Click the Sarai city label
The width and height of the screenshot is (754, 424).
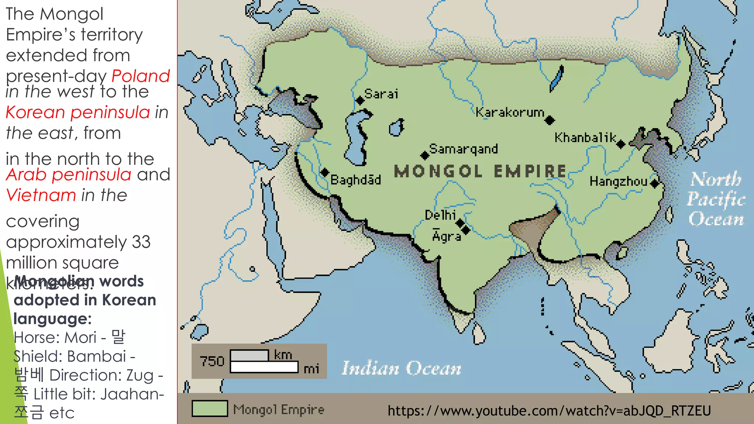(x=381, y=94)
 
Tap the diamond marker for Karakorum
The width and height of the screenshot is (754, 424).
(x=550, y=120)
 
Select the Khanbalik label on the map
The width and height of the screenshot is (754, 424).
(x=585, y=138)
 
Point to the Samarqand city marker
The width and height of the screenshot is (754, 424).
(x=425, y=155)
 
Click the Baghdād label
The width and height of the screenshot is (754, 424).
(x=356, y=180)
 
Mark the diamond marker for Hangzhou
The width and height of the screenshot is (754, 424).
(x=655, y=183)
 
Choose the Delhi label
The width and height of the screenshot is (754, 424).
(x=440, y=215)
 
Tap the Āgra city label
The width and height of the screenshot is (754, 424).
(x=447, y=236)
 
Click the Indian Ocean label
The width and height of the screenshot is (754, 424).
(x=401, y=368)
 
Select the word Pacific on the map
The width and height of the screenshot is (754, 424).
(x=716, y=199)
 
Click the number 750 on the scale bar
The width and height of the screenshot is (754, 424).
(x=212, y=361)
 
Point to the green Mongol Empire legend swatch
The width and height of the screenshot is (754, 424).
(x=209, y=409)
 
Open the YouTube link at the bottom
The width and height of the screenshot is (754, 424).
(x=549, y=410)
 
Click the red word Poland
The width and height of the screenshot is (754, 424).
(x=141, y=76)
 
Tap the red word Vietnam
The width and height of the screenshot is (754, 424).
(x=41, y=195)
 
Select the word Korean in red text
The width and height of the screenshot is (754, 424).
(x=35, y=112)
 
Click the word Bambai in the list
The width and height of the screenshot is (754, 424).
(x=97, y=356)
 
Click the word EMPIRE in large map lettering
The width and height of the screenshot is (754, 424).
(x=530, y=171)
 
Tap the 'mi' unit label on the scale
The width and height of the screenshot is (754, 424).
(x=311, y=369)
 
